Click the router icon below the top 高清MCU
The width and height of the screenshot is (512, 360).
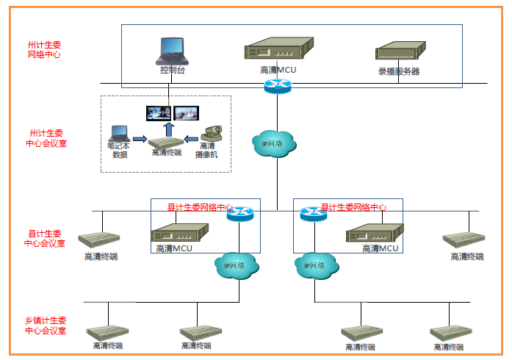pos(278,86)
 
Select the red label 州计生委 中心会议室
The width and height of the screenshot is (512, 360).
pos(46,138)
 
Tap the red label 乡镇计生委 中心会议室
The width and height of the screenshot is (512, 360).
pos(46,325)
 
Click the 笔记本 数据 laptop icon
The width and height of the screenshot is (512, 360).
pos(119,134)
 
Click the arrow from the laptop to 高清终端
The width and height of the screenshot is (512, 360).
pos(140,138)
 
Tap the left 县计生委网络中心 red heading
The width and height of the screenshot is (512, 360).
pos(201,207)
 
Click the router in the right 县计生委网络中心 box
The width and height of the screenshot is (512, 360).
pos(314,214)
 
